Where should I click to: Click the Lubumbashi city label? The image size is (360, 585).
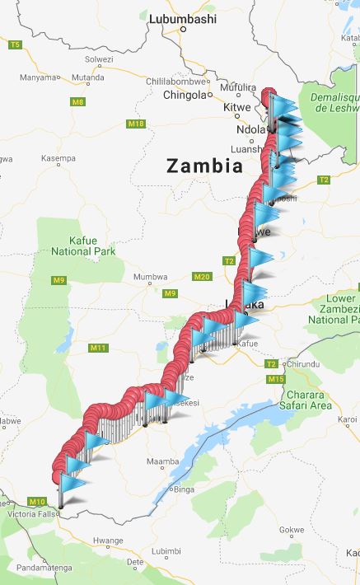(x=182, y=18)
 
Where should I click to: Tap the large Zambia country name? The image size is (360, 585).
(x=204, y=166)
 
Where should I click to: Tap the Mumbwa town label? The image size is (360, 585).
(x=150, y=278)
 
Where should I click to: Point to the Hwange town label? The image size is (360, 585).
(x=107, y=541)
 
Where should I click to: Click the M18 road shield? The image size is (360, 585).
(x=136, y=124)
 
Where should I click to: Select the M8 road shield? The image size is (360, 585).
(x=77, y=102)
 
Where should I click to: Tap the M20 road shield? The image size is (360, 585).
(x=202, y=276)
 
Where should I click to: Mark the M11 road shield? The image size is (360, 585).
(x=98, y=348)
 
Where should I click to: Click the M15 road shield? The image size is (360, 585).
(x=276, y=379)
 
